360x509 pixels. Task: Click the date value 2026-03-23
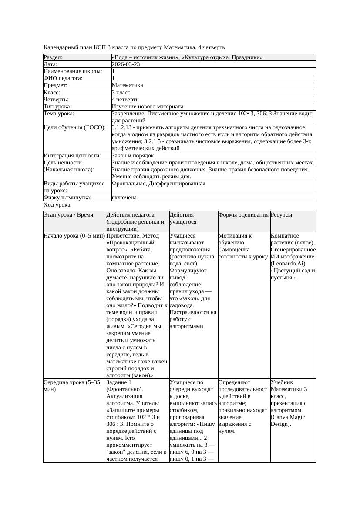pyautogui.click(x=126, y=64)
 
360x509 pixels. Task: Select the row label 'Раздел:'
pyautogui.click(x=53, y=57)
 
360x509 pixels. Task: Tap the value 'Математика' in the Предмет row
pyautogui.click(x=128, y=86)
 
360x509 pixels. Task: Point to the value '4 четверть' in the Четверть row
pyautogui.click(x=125, y=100)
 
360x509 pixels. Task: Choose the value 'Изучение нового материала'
pyautogui.click(x=148, y=107)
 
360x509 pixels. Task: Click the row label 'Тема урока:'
pyautogui.click(x=59, y=114)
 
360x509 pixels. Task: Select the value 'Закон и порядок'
pyautogui.click(x=133, y=156)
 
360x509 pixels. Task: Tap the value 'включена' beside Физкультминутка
pyautogui.click(x=124, y=198)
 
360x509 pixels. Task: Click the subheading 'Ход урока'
pyautogui.click(x=57, y=205)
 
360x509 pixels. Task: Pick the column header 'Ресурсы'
pyautogui.click(x=281, y=215)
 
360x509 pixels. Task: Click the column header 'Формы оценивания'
pyautogui.click(x=243, y=215)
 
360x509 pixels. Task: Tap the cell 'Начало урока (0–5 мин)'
pyautogui.click(x=74, y=236)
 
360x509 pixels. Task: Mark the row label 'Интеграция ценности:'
pyautogui.click(x=72, y=156)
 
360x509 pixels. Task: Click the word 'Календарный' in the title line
pyautogui.click(x=61, y=47)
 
